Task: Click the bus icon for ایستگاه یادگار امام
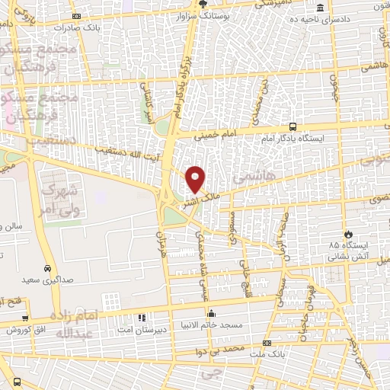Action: (x=293, y=128)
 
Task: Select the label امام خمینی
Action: (x=216, y=135)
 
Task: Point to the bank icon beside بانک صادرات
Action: (x=75, y=17)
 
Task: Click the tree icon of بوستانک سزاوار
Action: (x=203, y=3)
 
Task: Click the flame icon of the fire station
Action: (x=348, y=233)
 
